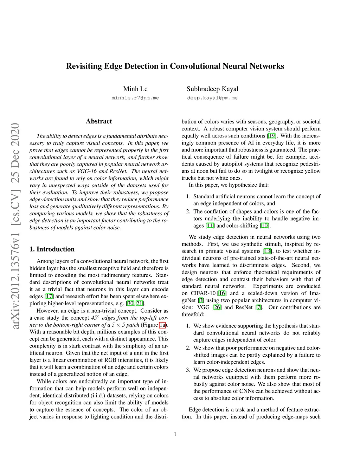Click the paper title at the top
[175, 66]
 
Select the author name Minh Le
[135, 89]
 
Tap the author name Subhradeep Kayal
[212, 89]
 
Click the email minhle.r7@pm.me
[135, 98]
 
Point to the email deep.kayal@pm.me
[212, 98]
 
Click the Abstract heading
[99, 121]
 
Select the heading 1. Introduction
[52, 249]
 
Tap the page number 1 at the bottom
[175, 434]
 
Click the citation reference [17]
[49, 296]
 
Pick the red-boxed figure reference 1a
[162, 325]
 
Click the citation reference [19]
[271, 136]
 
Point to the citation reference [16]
[222, 293]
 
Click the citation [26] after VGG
[217, 307]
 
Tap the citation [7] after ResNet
[259, 307]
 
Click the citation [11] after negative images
[210, 226]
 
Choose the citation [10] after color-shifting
[265, 226]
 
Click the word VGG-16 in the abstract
[87, 171]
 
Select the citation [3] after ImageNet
[201, 300]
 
